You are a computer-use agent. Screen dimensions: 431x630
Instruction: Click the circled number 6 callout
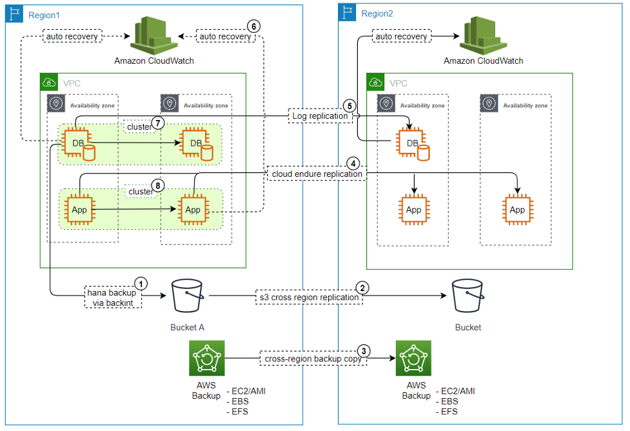coord(253,26)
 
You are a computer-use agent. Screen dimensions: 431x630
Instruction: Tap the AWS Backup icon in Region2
coord(414,358)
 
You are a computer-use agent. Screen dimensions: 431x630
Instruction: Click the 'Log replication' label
coord(320,116)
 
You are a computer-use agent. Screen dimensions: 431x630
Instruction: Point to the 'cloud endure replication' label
coord(317,174)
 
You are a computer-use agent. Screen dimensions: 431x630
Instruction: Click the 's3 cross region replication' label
coord(308,297)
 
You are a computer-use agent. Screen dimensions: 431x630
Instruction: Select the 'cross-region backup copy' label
coord(311,358)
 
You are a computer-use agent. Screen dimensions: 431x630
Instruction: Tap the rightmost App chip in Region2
coord(517,210)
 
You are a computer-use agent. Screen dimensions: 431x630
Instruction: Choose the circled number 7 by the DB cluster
coord(156,123)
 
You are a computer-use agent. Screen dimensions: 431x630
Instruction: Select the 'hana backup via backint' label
coord(112,297)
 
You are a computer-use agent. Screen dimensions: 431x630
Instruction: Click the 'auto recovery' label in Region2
coord(401,37)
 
